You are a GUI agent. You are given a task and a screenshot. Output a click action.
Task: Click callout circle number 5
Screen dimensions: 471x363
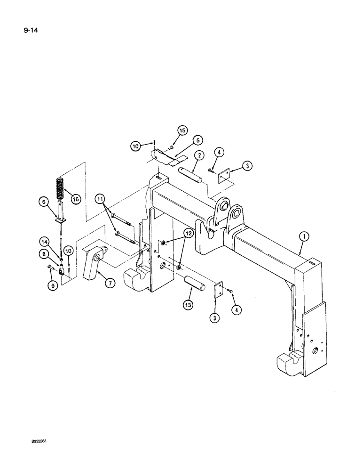click(x=198, y=140)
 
